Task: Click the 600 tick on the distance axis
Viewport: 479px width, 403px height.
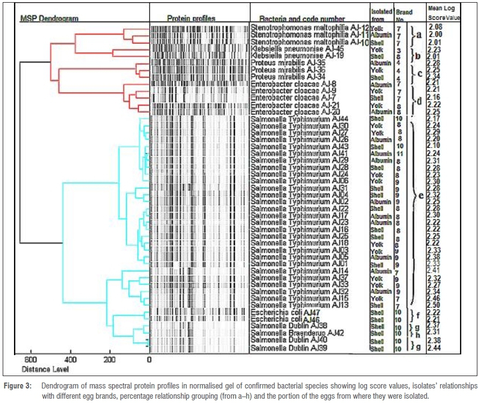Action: [30, 359]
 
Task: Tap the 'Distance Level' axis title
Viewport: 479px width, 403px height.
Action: [45, 370]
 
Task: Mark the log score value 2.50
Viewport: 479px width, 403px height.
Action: [435, 306]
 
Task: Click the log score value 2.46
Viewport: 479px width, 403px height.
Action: [435, 298]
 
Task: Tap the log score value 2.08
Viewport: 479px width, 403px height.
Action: [436, 27]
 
